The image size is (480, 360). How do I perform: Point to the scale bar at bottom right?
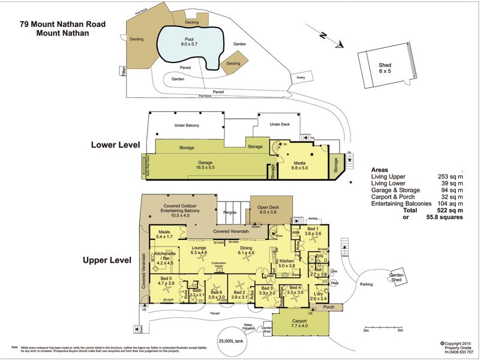(x=382, y=325)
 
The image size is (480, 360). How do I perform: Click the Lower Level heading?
(x=115, y=145)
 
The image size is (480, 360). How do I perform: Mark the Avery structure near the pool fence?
(x=300, y=79)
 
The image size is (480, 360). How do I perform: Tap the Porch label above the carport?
(x=328, y=308)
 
